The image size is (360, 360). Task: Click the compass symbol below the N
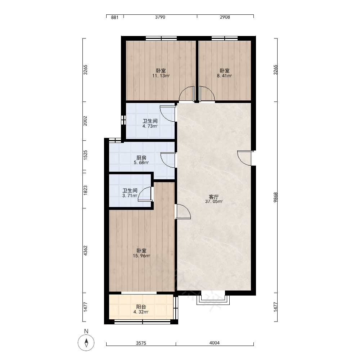[x=86, y=343]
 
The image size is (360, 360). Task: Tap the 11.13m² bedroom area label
[x=161, y=76]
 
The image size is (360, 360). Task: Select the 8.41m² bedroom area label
[x=224, y=76]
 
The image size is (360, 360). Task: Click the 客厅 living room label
[x=214, y=197]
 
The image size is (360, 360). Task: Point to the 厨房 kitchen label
[x=141, y=158]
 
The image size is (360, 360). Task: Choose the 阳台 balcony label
[x=141, y=307]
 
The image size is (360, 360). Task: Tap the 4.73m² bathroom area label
[x=150, y=126]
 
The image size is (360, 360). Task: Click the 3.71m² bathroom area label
[x=130, y=196]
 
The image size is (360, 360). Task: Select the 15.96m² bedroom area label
[x=141, y=256]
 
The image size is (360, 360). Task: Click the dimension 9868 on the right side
[x=275, y=197]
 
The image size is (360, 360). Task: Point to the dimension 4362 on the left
[x=85, y=251]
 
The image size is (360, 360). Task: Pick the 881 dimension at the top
[x=115, y=17]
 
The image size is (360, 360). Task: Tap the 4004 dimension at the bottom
[x=215, y=343]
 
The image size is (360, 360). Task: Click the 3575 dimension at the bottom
[x=141, y=343]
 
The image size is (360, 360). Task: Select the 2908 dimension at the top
[x=225, y=17]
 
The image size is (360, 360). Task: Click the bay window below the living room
[x=213, y=298]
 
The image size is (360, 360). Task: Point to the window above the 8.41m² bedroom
[x=225, y=38]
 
